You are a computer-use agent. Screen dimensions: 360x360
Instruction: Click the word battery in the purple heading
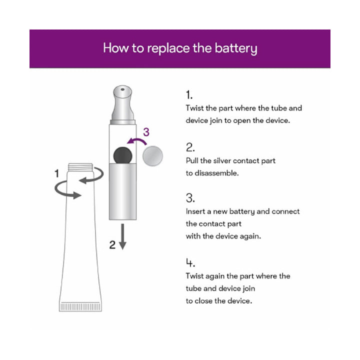pyautogui.click(x=235, y=48)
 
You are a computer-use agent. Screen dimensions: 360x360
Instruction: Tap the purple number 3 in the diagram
pyautogui.click(x=146, y=132)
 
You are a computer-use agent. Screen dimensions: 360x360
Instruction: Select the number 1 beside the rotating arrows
pyautogui.click(x=57, y=173)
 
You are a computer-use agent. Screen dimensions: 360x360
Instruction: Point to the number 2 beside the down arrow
pyautogui.click(x=112, y=244)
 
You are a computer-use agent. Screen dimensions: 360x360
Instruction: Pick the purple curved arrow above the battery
pyautogui.click(x=134, y=141)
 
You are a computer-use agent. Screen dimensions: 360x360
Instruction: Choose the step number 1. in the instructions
pyautogui.click(x=189, y=95)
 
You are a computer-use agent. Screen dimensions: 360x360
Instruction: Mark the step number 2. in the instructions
pyautogui.click(x=190, y=147)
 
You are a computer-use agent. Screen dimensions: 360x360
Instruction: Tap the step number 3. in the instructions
pyautogui.click(x=190, y=198)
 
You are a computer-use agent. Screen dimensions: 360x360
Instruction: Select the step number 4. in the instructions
pyautogui.click(x=190, y=263)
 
